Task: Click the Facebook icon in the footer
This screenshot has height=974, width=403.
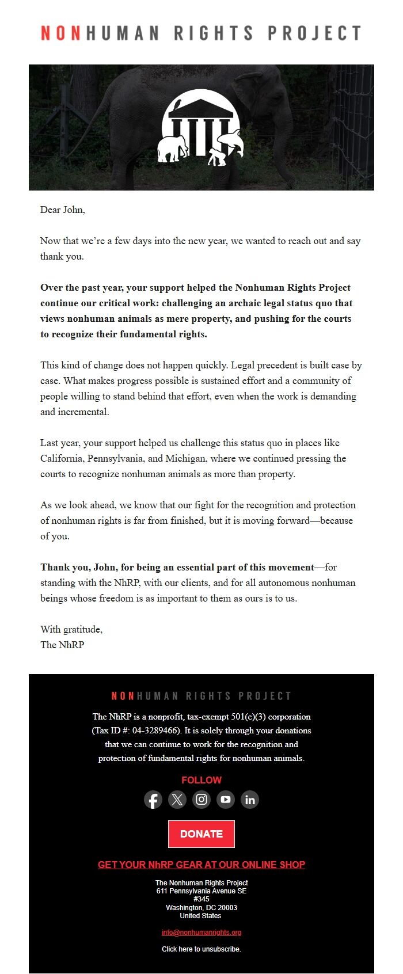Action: point(153,800)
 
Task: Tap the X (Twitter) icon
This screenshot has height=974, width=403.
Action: point(177,800)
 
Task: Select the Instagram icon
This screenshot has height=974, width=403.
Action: point(201,800)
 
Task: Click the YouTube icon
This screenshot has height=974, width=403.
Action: point(226,800)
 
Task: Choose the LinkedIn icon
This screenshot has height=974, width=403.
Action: point(250,800)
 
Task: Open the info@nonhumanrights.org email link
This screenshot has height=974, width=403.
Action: point(201,932)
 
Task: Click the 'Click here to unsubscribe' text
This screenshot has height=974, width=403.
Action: point(201,949)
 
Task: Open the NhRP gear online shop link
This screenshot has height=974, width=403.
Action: point(201,865)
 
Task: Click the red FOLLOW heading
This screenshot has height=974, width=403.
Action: point(201,780)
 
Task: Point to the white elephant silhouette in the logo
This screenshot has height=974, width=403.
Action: point(173,149)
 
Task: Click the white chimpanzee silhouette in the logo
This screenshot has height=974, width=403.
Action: point(217,157)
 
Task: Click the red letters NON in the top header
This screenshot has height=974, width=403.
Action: point(61,33)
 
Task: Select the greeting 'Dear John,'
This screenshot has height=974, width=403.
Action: point(63,210)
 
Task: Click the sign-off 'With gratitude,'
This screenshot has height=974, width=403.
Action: point(71,629)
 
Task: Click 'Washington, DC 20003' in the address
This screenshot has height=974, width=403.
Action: point(201,907)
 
